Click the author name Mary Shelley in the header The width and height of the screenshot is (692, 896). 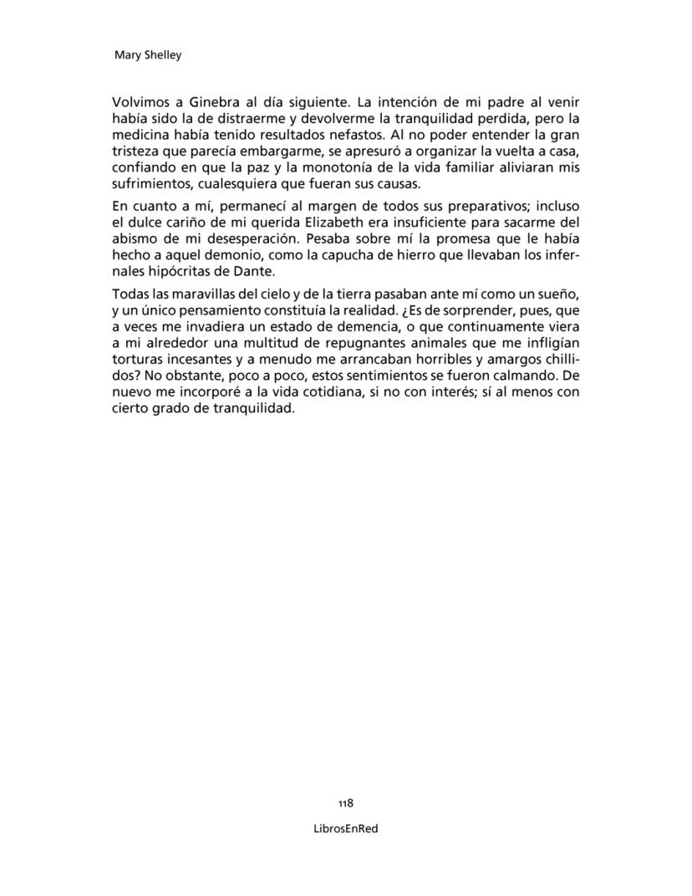point(147,56)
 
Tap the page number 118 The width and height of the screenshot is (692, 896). point(345,802)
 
